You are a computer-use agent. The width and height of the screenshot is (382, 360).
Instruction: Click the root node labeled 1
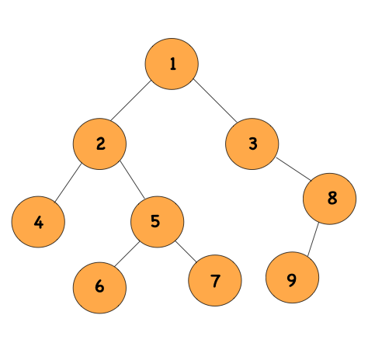click(x=172, y=64)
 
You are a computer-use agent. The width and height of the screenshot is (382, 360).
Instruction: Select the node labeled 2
click(x=100, y=144)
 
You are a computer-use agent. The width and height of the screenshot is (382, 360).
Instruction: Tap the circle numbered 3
click(x=252, y=144)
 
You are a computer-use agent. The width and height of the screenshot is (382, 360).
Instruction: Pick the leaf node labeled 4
click(x=38, y=223)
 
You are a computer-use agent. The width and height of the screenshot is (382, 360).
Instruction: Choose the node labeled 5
click(x=157, y=221)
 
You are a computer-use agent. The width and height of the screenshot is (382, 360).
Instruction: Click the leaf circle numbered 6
click(x=99, y=286)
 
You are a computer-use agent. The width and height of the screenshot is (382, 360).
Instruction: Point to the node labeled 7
click(x=214, y=280)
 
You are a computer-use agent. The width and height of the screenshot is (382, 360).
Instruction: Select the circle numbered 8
click(x=330, y=198)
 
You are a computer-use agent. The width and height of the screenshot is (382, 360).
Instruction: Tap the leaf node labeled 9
click(x=291, y=280)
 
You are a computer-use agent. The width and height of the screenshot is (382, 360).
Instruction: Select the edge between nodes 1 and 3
click(x=212, y=103)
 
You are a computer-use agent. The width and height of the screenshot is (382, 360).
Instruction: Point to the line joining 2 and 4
click(x=69, y=183)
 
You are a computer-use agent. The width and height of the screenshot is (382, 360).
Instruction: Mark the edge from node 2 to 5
click(x=128, y=182)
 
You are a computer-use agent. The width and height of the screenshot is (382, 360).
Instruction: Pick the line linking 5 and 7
click(x=186, y=251)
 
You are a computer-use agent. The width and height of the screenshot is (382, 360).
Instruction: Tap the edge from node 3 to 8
click(x=291, y=171)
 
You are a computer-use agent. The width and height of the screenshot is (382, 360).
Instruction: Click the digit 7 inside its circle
click(x=214, y=280)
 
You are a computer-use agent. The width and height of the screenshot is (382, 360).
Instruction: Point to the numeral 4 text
click(x=38, y=223)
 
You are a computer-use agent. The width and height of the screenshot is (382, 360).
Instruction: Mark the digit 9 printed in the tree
click(x=291, y=280)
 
